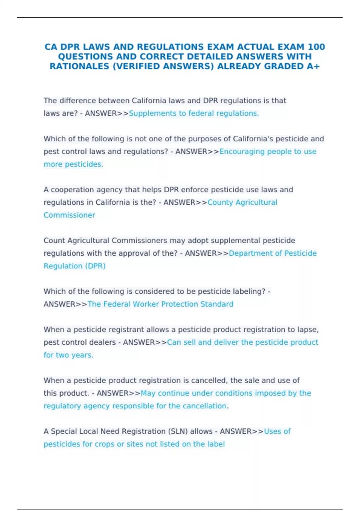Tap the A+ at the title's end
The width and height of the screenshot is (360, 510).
(x=313, y=66)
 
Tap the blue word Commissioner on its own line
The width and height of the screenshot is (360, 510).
(x=69, y=215)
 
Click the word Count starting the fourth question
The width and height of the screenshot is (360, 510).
(x=55, y=241)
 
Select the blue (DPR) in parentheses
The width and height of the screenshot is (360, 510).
(x=96, y=266)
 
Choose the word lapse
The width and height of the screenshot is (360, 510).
(x=307, y=330)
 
